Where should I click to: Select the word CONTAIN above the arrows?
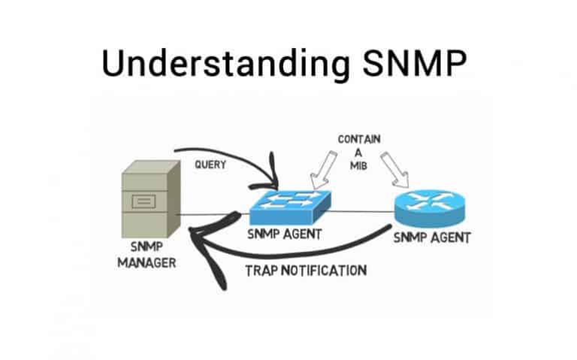point(359,140)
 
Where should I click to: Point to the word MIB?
point(359,166)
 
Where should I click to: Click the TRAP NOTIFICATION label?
point(306,270)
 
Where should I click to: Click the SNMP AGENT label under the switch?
point(285,234)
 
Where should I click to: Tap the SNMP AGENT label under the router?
point(432,238)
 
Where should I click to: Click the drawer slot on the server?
point(144,201)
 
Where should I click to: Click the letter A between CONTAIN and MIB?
point(359,153)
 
